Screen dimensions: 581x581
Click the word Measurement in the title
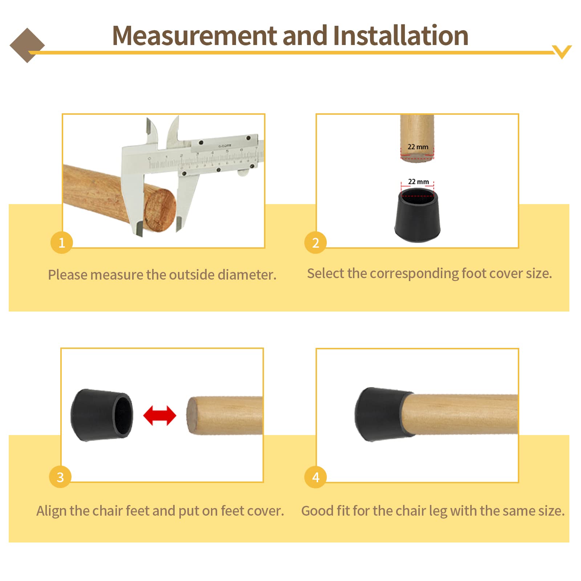(195, 36)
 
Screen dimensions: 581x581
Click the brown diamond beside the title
(27, 45)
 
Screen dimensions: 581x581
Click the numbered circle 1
(62, 242)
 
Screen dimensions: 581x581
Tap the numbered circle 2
(316, 242)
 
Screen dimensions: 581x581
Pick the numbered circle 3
(60, 477)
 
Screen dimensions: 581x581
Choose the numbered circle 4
(316, 477)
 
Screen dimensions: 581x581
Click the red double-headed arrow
(160, 415)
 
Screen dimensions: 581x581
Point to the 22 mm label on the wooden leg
(418, 147)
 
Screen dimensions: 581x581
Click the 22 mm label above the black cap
(418, 182)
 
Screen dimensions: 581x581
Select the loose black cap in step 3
(102, 415)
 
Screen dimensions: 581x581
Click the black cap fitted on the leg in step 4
(383, 414)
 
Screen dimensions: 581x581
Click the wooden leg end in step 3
(225, 415)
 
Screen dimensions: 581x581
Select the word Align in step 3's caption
(52, 511)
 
